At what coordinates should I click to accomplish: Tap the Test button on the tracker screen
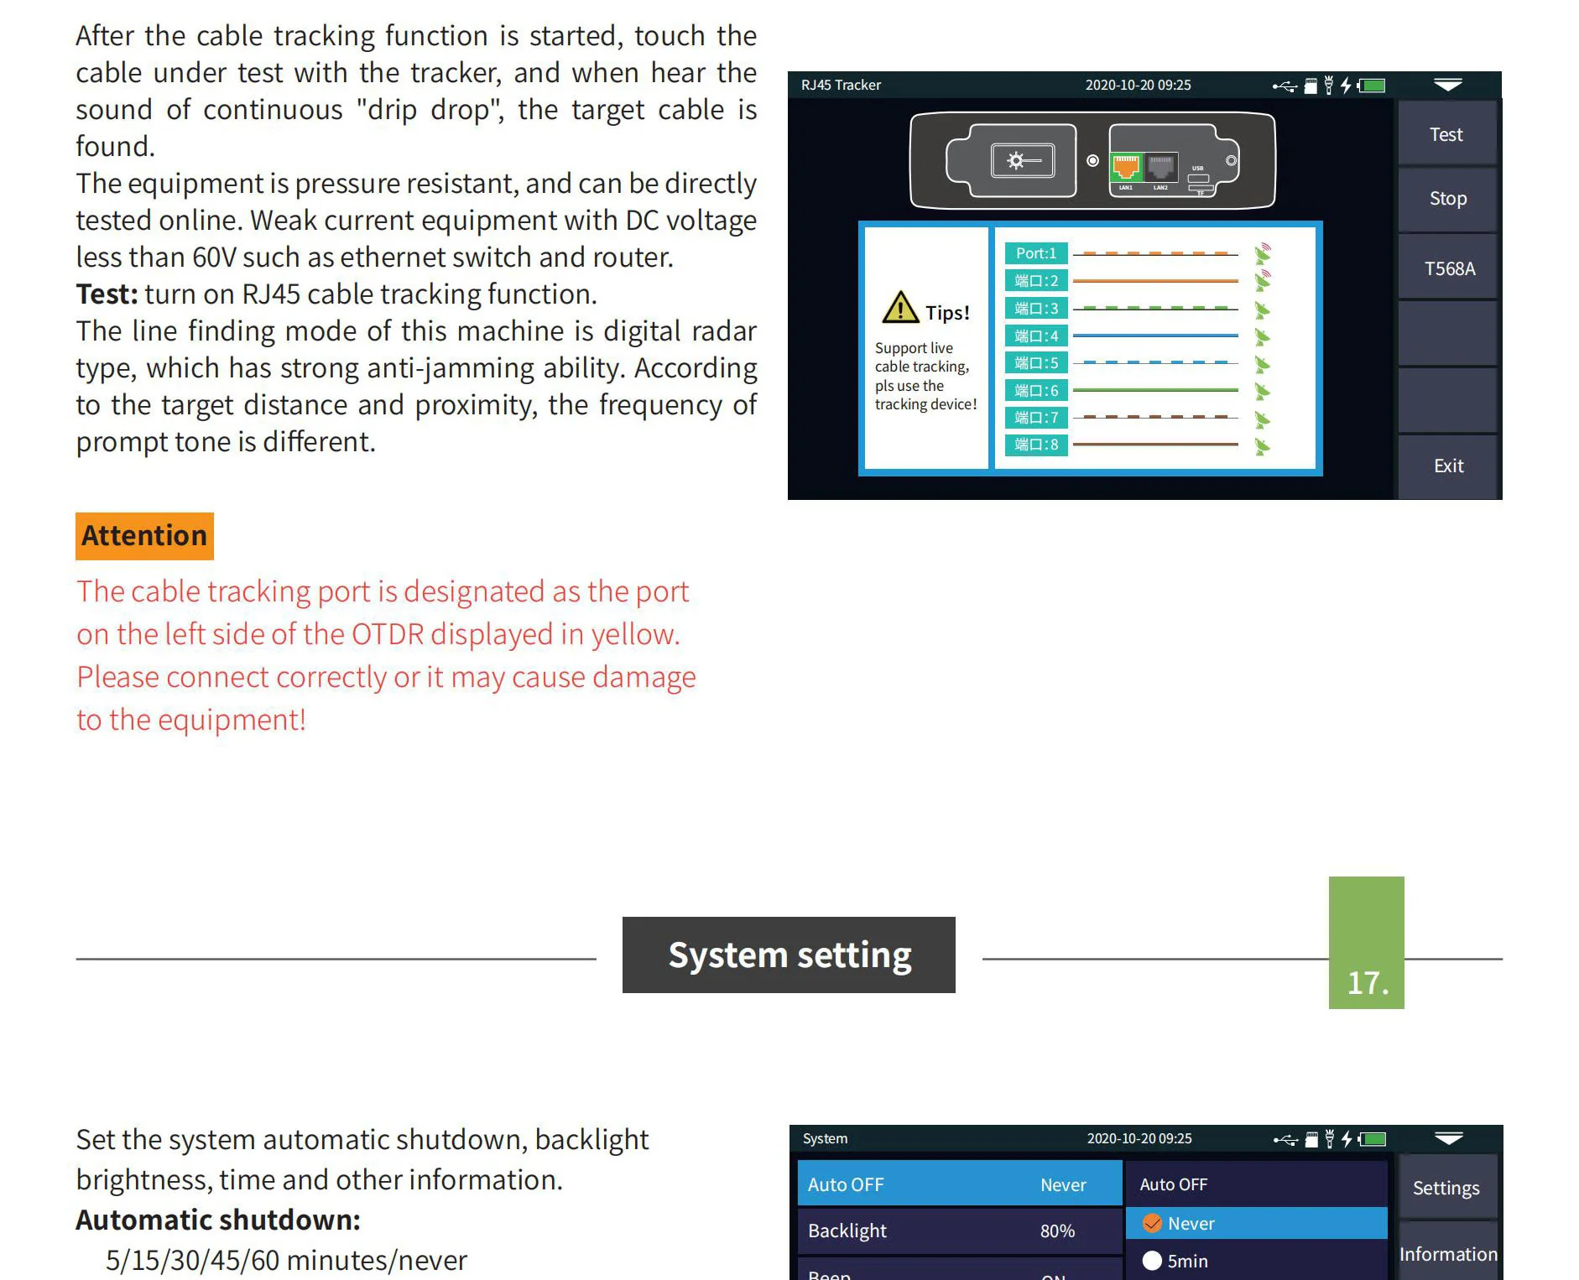pyautogui.click(x=1446, y=134)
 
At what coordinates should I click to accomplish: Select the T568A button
pyautogui.click(x=1448, y=268)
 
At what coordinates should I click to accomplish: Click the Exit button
pyautogui.click(x=1448, y=466)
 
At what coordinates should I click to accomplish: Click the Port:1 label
pyautogui.click(x=1035, y=253)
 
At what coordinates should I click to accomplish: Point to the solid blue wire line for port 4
pyautogui.click(x=1155, y=336)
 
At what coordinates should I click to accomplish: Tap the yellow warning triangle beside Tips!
pyautogui.click(x=900, y=308)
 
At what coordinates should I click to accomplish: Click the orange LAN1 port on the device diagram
pyautogui.click(x=1125, y=167)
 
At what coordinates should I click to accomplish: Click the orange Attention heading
pyautogui.click(x=144, y=536)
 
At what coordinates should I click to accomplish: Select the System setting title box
pyautogui.click(x=789, y=955)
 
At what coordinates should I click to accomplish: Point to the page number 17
pyautogui.click(x=1367, y=982)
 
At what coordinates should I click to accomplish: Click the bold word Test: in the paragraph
pyautogui.click(x=107, y=294)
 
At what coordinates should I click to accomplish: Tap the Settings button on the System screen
pyautogui.click(x=1446, y=1188)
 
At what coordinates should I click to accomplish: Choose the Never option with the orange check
pyautogui.click(x=1191, y=1224)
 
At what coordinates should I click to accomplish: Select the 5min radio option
pyautogui.click(x=1153, y=1261)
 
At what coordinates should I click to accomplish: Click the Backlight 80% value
pyautogui.click(x=1057, y=1231)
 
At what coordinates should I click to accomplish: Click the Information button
pyautogui.click(x=1447, y=1254)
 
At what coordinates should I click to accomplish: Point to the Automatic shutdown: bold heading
pyautogui.click(x=218, y=1220)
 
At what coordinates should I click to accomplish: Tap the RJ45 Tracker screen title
pyautogui.click(x=841, y=85)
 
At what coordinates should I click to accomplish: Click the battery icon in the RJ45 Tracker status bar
pyautogui.click(x=1372, y=85)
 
